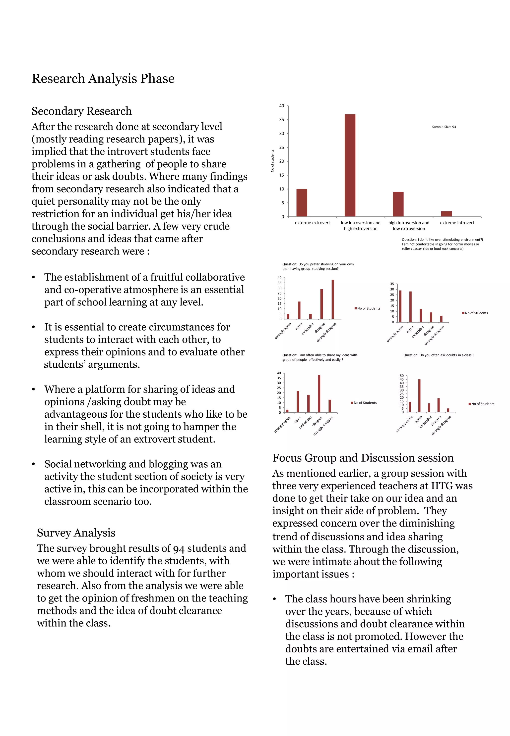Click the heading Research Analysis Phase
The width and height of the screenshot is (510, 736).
(x=103, y=79)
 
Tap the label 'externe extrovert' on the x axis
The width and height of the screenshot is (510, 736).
(x=312, y=223)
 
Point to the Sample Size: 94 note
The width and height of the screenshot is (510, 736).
(x=444, y=127)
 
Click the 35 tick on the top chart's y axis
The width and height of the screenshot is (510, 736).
(x=281, y=120)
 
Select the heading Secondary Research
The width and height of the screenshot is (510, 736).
(x=81, y=111)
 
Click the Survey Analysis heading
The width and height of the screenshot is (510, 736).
(x=76, y=533)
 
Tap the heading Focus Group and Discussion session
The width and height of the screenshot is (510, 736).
(x=363, y=458)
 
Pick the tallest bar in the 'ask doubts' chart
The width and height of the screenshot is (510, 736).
(x=419, y=395)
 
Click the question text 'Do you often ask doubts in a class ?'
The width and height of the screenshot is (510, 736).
(x=439, y=355)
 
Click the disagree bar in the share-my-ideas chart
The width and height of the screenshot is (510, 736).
(x=319, y=393)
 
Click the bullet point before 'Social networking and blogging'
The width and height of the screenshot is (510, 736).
(x=33, y=464)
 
